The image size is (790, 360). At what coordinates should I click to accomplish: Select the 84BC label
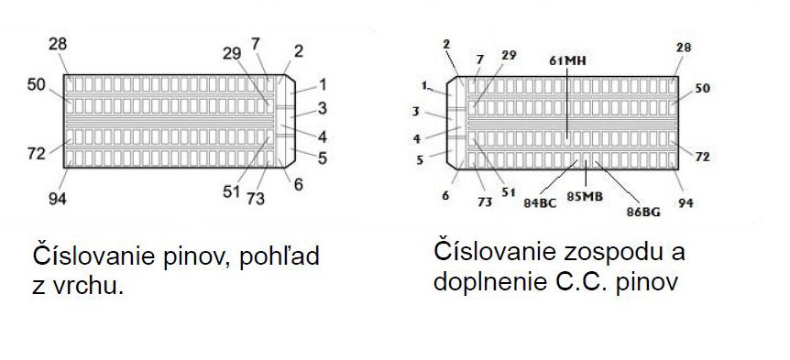coord(540,202)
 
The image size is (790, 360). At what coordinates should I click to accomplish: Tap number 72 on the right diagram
coord(703,157)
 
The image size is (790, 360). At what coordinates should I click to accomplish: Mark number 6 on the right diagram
coord(445,195)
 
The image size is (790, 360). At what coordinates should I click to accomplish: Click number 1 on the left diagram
coord(323,83)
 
